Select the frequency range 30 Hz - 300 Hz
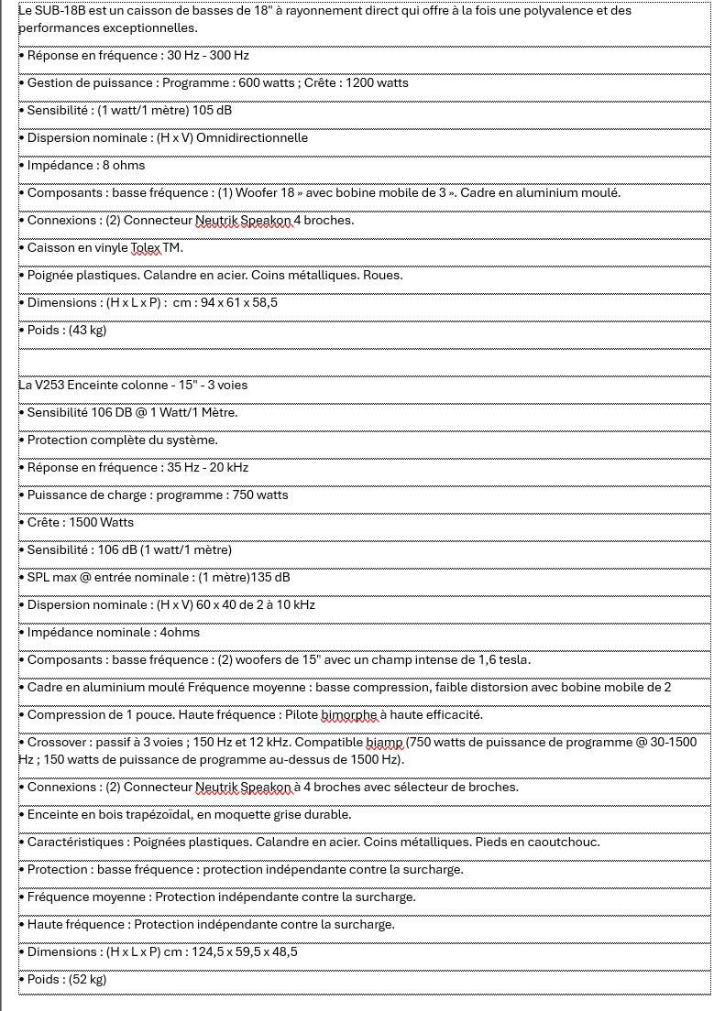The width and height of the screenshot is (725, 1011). click(x=208, y=56)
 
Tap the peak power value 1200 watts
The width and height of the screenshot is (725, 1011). click(x=378, y=83)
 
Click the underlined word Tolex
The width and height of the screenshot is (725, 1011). click(x=146, y=248)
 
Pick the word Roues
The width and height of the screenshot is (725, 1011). click(x=383, y=276)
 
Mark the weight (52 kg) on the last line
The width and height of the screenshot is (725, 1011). click(x=87, y=980)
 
